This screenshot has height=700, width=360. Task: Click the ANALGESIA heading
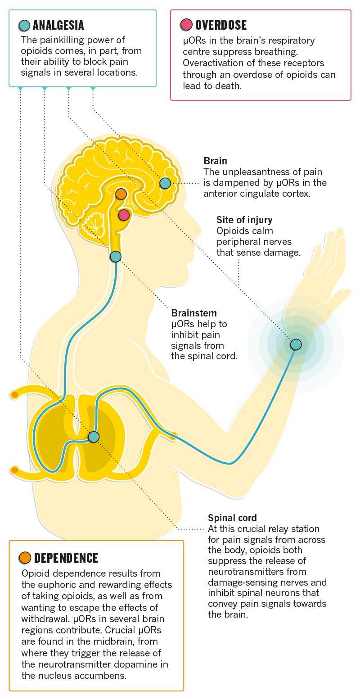[58, 25]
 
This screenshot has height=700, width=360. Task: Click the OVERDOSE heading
[220, 25]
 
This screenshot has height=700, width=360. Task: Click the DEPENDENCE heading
[66, 558]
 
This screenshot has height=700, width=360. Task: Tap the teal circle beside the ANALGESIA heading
[24, 25]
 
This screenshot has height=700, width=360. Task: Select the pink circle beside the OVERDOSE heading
[185, 25]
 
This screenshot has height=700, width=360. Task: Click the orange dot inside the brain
[121, 194]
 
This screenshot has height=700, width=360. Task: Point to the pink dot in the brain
[124, 215]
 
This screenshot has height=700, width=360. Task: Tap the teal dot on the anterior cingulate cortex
[165, 183]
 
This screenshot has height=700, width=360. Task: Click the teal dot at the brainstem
[116, 257]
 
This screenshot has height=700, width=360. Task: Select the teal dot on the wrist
[296, 344]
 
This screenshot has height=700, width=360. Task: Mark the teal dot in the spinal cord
[94, 437]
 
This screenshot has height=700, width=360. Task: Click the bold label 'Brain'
[215, 161]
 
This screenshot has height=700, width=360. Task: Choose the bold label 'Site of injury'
[244, 220]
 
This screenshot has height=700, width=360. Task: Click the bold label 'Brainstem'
[194, 313]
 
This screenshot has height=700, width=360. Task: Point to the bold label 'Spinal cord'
[232, 518]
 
